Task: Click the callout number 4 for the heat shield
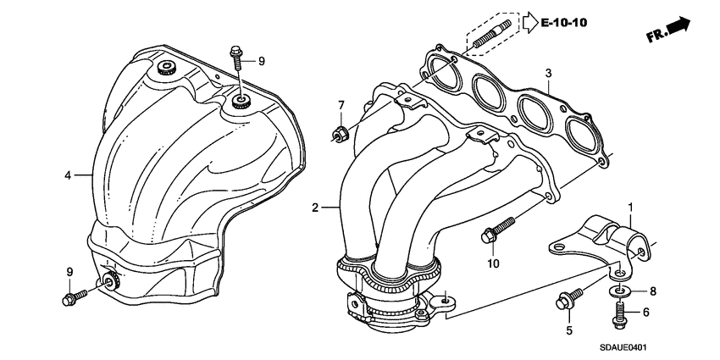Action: pyautogui.click(x=66, y=175)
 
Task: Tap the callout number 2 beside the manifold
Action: pyautogui.click(x=315, y=208)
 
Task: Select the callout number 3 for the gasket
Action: pyautogui.click(x=548, y=75)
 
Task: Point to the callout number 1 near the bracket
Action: pyautogui.click(x=629, y=206)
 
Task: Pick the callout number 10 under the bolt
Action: pyautogui.click(x=493, y=263)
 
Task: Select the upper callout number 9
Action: pyautogui.click(x=262, y=60)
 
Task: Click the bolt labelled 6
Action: pyautogui.click(x=618, y=316)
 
